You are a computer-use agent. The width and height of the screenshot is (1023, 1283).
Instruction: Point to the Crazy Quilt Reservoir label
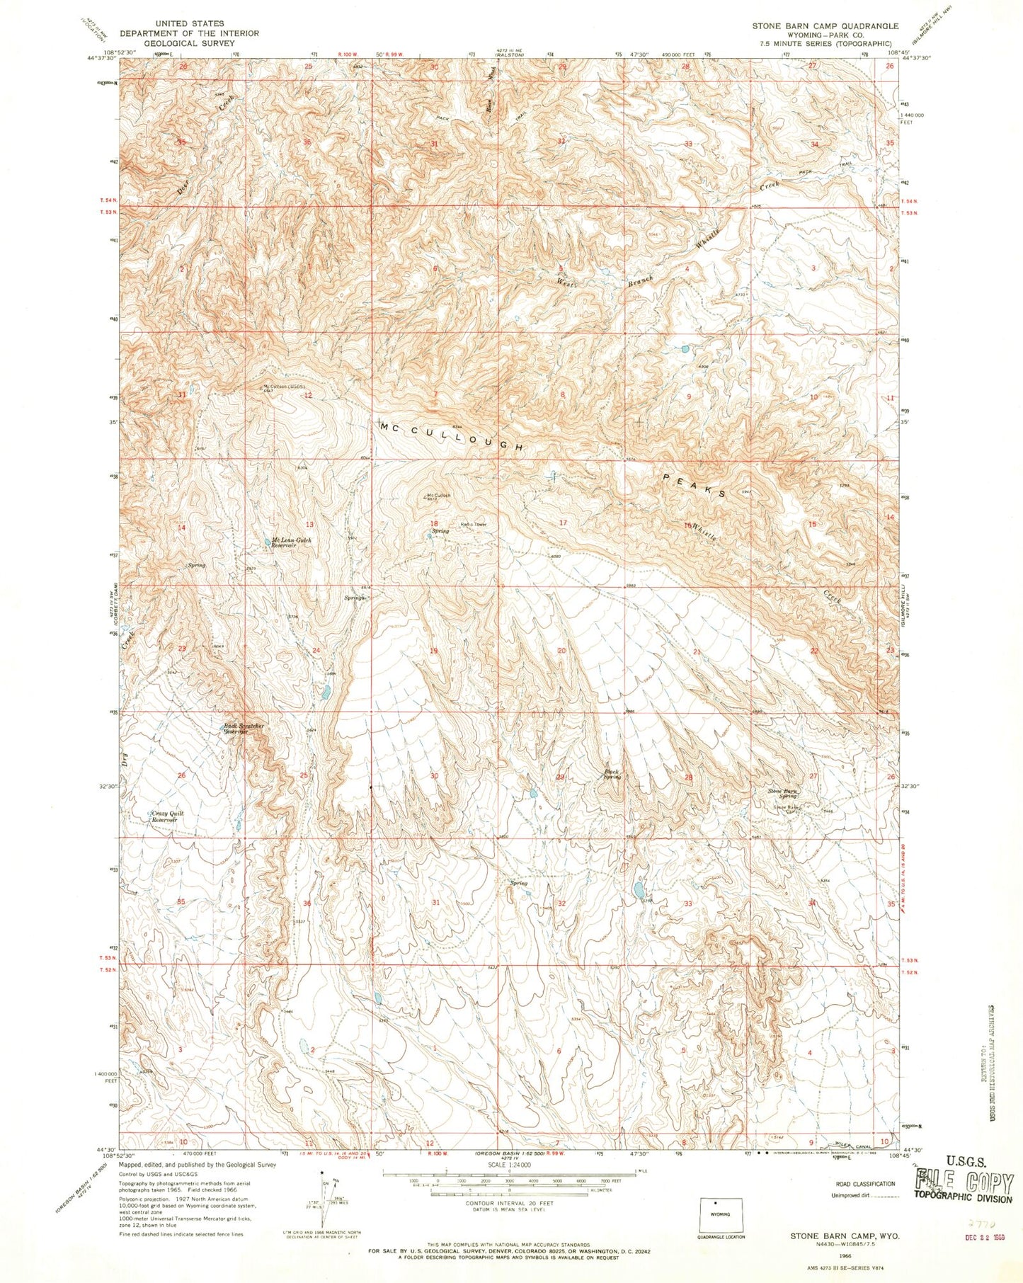168,816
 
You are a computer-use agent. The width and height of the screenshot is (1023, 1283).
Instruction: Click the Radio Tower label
474,525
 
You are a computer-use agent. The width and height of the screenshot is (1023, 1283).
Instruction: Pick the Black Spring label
612,774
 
